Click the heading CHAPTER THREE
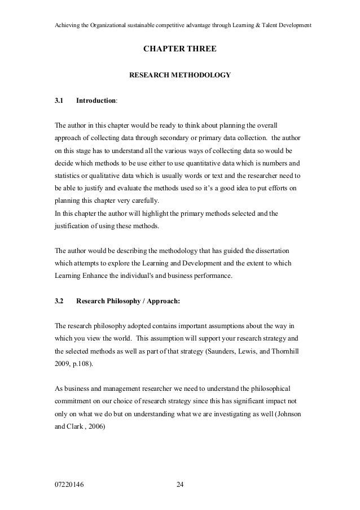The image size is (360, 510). (179, 50)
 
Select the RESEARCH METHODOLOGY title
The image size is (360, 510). (180, 74)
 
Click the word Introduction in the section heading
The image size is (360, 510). (96, 101)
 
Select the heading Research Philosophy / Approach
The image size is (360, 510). (128, 300)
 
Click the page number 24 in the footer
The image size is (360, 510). (179, 485)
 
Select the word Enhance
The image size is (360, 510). (96, 276)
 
